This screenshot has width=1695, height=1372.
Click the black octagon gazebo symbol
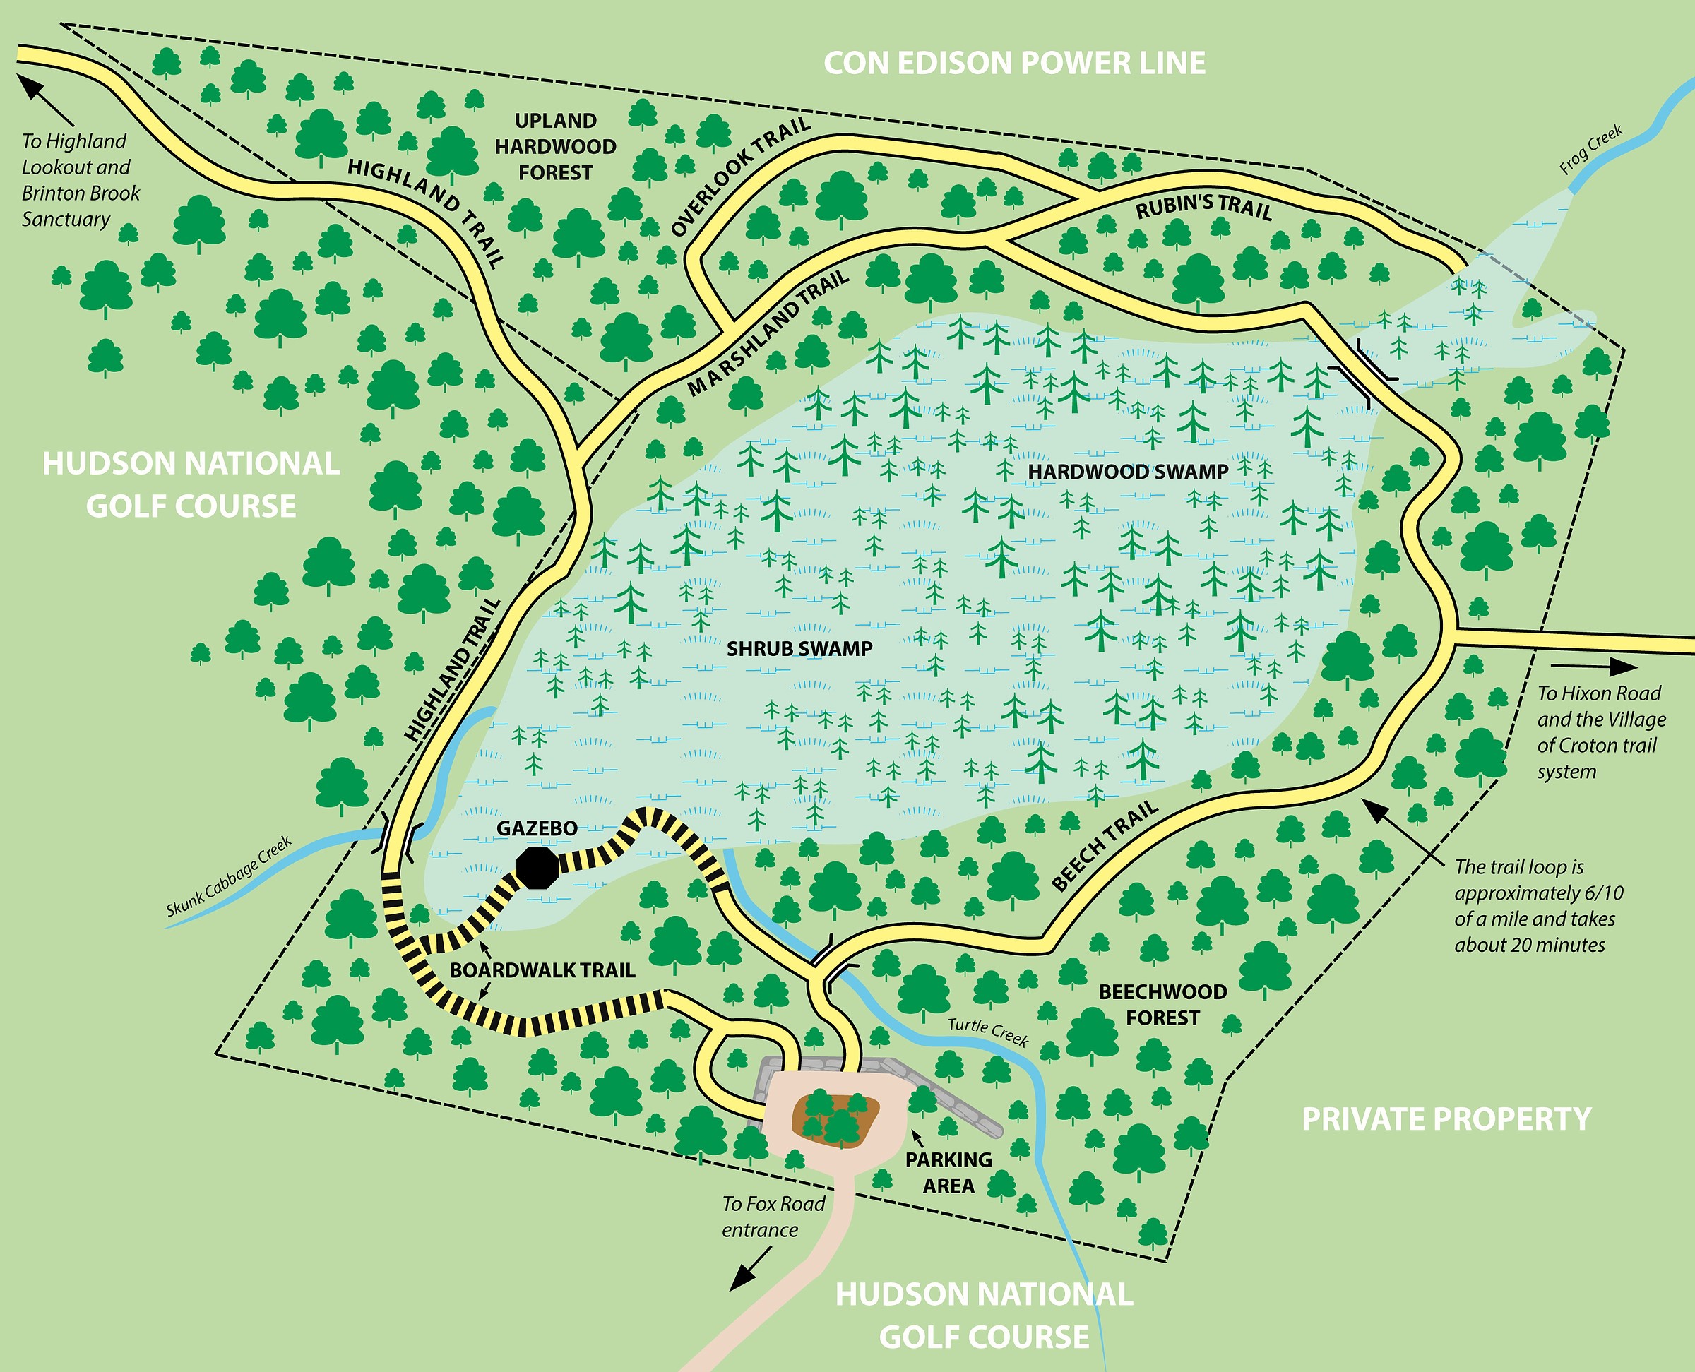(537, 868)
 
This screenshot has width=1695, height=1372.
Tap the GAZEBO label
(537, 828)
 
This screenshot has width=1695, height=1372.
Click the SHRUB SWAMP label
(799, 649)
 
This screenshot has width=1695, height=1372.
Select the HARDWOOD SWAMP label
(1128, 472)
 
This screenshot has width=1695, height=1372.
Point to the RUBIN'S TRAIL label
(1203, 208)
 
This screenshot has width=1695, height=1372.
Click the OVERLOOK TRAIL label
(740, 177)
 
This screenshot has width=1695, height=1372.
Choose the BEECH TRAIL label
(1105, 846)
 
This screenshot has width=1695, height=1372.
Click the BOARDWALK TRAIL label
(542, 970)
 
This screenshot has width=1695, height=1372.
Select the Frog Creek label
(1590, 150)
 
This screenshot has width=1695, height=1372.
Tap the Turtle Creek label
(987, 1032)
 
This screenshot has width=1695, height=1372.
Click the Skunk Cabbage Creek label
(229, 876)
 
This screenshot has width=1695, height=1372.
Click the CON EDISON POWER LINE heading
(1014, 64)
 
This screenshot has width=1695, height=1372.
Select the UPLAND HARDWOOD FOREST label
(555, 147)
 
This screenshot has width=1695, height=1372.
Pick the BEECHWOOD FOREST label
(1162, 1005)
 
